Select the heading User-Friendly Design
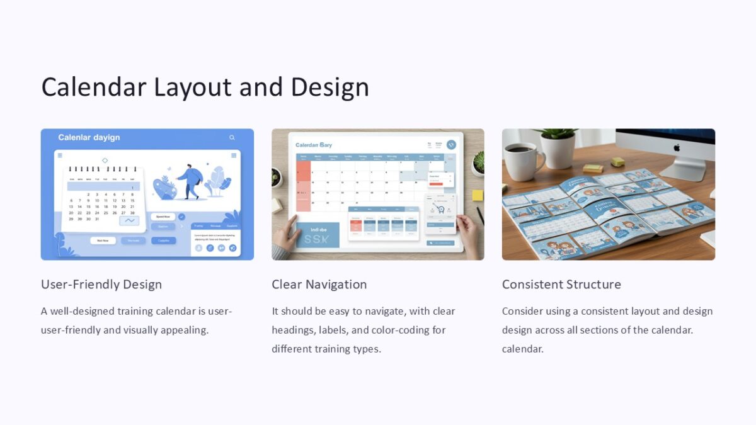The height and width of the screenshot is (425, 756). [101, 285]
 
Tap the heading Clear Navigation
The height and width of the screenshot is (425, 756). [319, 285]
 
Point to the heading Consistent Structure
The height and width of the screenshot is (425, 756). [561, 285]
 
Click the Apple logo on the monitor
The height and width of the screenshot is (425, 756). [677, 147]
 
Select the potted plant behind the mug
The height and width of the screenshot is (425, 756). [558, 148]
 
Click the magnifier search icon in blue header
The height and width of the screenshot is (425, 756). [232, 137]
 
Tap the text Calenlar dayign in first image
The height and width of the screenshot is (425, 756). [89, 137]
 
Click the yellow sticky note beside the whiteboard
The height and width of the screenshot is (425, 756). [478, 195]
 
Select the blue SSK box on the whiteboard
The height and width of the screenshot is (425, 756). [318, 234]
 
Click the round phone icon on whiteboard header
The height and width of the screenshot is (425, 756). [451, 144]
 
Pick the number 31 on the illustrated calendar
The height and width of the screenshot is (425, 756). [96, 219]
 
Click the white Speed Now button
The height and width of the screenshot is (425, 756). [163, 217]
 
